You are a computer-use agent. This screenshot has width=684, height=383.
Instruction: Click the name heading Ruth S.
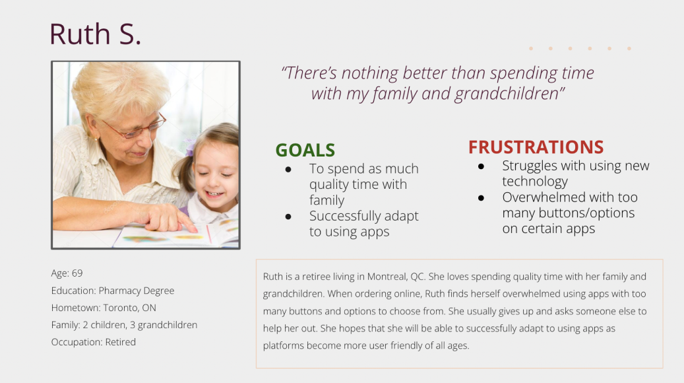[x=95, y=34]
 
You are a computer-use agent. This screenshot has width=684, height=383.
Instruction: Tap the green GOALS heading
[x=305, y=151]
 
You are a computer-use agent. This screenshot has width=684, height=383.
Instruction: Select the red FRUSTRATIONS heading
[x=536, y=147]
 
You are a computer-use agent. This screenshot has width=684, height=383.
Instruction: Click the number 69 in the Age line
[x=77, y=273]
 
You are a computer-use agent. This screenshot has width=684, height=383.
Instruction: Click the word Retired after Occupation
[x=121, y=342]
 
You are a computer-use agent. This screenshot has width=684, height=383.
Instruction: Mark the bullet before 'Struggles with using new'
[x=481, y=166]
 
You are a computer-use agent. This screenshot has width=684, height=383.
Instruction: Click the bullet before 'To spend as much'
[x=288, y=170]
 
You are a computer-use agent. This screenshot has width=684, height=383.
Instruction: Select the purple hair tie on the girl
[x=190, y=147]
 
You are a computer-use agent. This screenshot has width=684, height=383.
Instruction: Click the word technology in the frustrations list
[x=535, y=182]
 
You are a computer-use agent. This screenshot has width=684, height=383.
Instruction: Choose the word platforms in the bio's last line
[x=284, y=346]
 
